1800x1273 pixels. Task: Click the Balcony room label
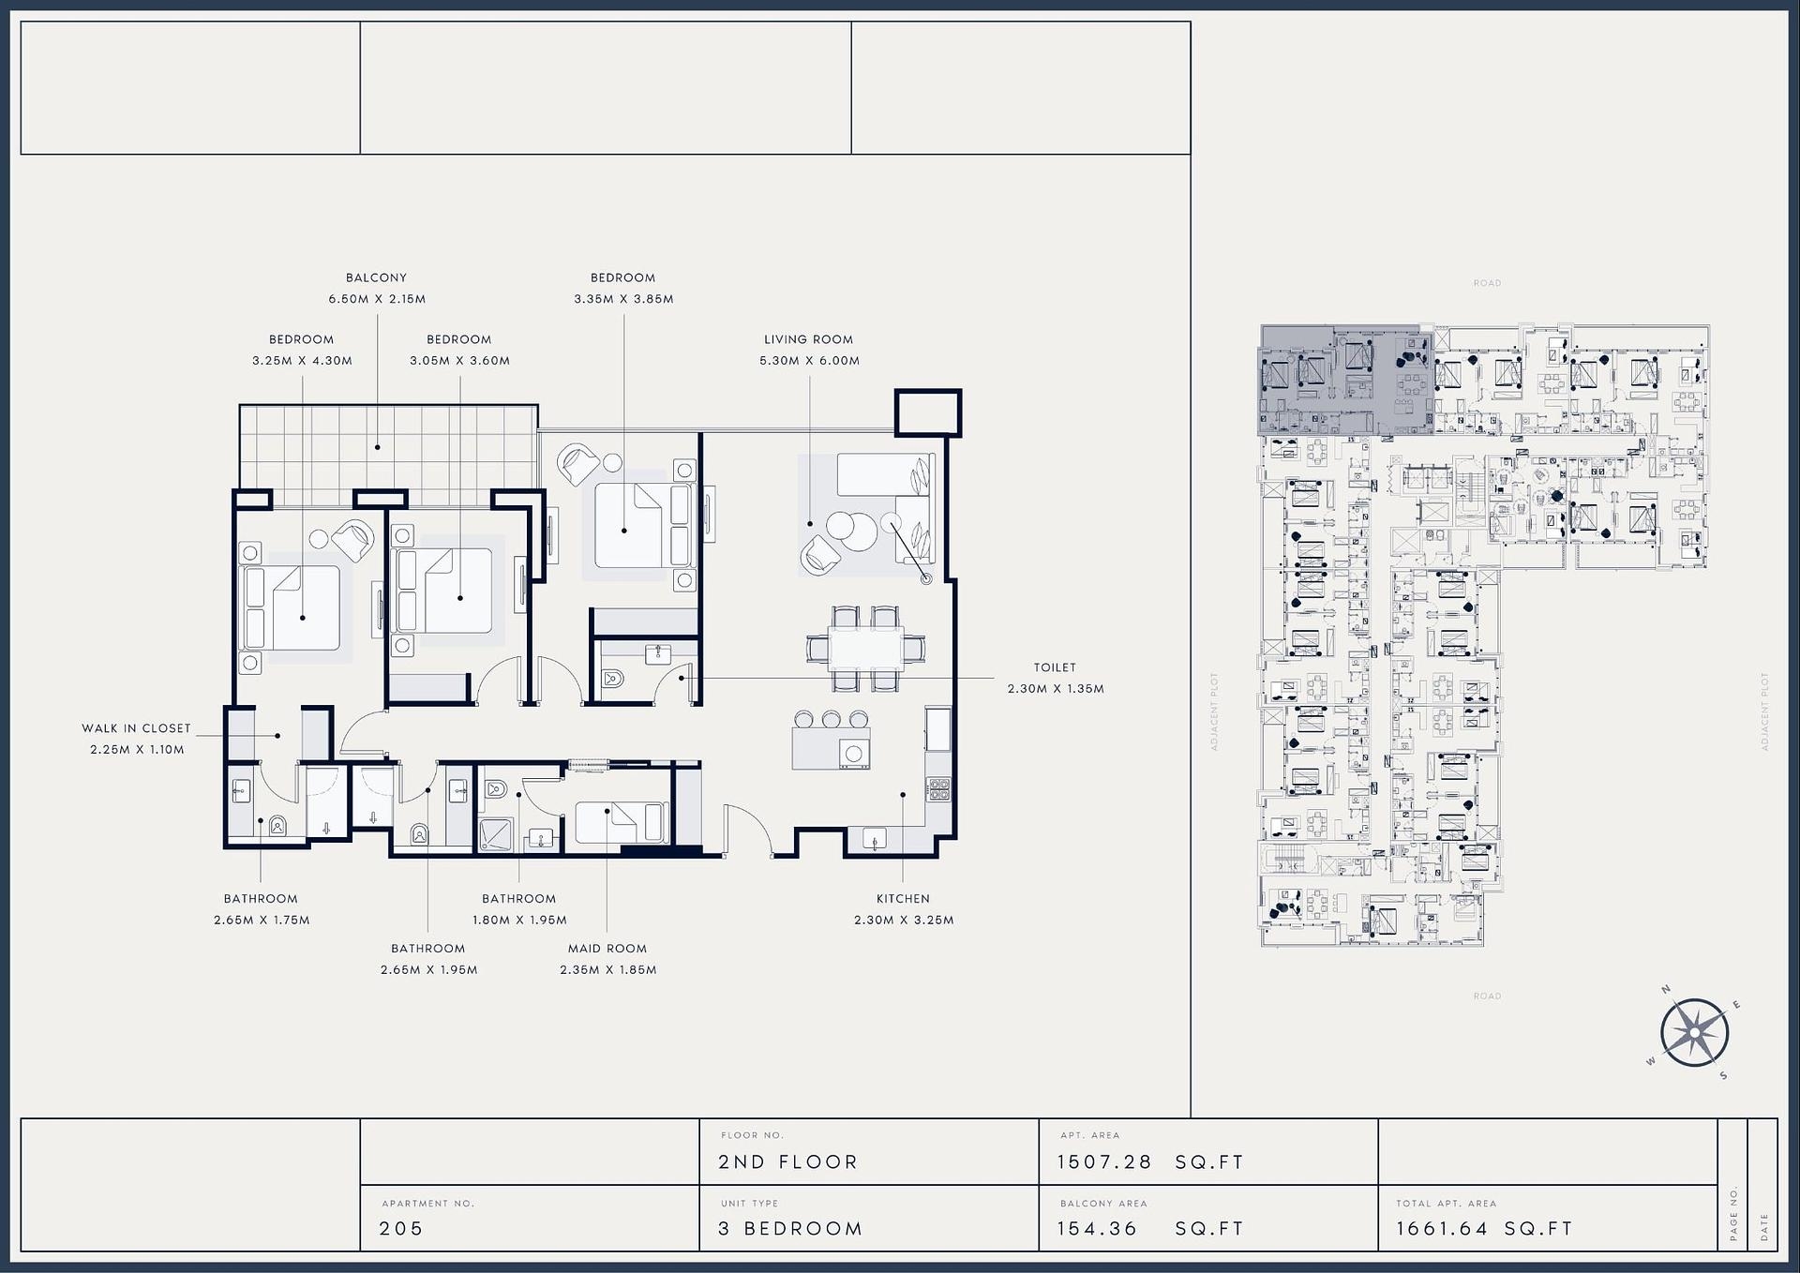point(376,277)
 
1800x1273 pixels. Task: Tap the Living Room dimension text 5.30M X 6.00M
point(809,361)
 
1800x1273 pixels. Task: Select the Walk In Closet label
point(136,728)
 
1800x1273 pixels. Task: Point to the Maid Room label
point(607,949)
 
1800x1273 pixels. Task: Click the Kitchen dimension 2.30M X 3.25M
point(904,921)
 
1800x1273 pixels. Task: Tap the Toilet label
point(1055,667)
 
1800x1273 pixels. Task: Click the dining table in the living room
point(866,648)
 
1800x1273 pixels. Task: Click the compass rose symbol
point(1694,1033)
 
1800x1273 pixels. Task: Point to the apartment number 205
point(401,1228)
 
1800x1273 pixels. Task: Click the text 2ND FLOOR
point(787,1162)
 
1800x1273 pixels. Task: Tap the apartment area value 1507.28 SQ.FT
point(1150,1162)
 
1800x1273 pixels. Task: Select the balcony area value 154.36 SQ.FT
point(1150,1228)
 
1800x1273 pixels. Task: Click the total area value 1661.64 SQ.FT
point(1484,1228)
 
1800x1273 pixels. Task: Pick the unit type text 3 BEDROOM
point(790,1228)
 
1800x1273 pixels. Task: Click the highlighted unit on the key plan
point(1345,380)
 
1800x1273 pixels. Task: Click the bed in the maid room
point(620,823)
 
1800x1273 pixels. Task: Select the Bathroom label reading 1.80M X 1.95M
point(519,909)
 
